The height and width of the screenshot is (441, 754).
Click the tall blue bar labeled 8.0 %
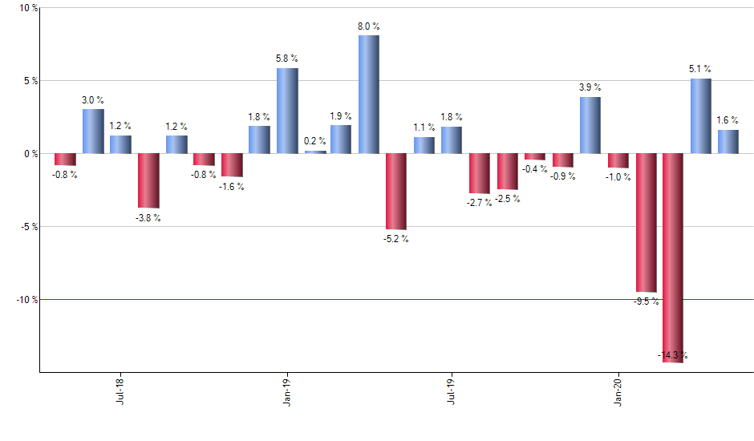click(368, 94)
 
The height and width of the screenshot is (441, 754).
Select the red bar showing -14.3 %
click(673, 257)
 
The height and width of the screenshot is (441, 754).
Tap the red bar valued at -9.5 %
click(646, 222)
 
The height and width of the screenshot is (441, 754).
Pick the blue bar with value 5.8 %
click(287, 111)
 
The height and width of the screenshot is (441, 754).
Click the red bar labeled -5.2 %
click(395, 191)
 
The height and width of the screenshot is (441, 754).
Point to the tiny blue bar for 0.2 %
click(315, 152)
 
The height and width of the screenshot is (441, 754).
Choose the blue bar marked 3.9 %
click(590, 125)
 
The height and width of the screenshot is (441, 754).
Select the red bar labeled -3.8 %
click(148, 180)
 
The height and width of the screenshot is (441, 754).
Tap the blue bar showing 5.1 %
click(700, 116)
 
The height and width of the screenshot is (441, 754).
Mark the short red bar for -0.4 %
click(535, 156)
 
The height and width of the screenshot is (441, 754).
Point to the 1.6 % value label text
click(728, 120)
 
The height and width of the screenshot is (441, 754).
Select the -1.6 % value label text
click(231, 187)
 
